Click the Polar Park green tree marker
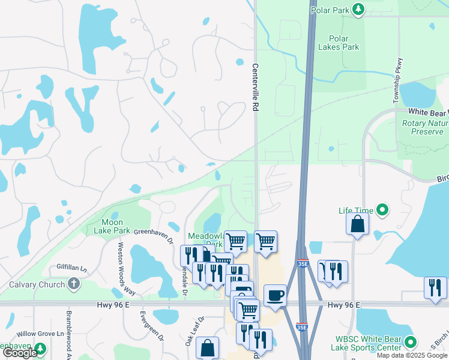(x=358, y=9)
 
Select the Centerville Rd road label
(x=255, y=87)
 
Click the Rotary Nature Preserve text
(x=424, y=127)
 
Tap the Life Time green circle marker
(x=382, y=210)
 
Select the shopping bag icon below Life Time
(x=357, y=224)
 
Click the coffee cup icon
(x=275, y=295)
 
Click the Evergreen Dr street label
(x=152, y=326)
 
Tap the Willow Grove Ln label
(x=41, y=333)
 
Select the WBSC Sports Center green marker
(x=411, y=343)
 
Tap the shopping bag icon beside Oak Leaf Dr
(x=207, y=347)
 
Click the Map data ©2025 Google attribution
(x=412, y=355)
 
